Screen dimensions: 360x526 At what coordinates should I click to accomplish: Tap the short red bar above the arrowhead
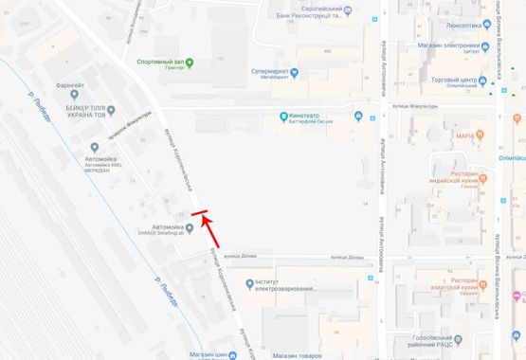[x=199, y=212]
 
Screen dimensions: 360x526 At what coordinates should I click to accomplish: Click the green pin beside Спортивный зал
[x=190, y=63]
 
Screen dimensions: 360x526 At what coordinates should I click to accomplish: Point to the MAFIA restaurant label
[x=463, y=136]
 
